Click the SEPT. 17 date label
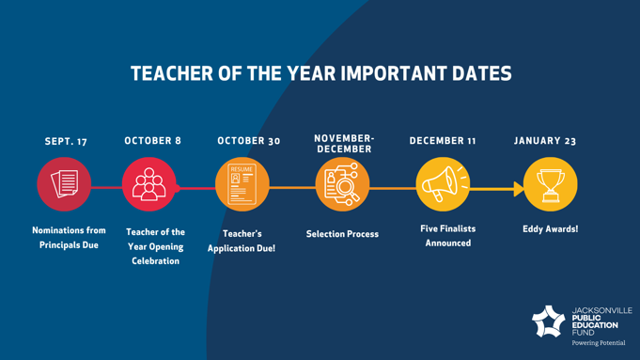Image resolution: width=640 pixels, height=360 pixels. pos(66,141)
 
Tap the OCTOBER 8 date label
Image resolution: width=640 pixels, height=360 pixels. pos(152,141)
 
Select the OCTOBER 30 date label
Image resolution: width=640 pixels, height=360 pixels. pos(248,141)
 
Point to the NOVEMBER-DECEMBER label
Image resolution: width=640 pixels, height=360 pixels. pos(344,144)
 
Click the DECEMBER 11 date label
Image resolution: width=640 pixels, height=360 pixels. pos(443,141)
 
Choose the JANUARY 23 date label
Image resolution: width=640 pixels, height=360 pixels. pos(545,141)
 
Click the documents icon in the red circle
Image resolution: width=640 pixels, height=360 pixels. pos(65,183)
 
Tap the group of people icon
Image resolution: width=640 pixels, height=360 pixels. pos(149,184)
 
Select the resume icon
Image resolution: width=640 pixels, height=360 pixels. pos(242,184)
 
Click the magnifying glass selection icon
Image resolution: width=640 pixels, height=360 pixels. pos(342,184)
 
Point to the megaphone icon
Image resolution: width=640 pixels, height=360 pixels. pos(445,183)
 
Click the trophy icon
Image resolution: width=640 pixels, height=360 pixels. pos(550,186)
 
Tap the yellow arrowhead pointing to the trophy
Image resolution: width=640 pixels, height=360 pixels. pos(519,189)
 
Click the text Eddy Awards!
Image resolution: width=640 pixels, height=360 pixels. pos(550,229)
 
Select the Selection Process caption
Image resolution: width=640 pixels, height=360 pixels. pos(342,234)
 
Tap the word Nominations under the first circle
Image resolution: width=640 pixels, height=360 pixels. pos(53,230)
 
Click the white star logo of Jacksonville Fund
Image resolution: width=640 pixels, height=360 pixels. pos(549,321)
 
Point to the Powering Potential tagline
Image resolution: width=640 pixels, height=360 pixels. pos(599,343)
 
